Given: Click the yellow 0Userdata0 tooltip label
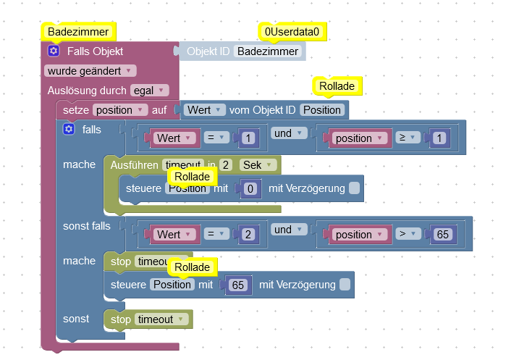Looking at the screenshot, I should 292,32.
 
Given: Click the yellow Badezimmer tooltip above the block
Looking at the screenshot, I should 77,32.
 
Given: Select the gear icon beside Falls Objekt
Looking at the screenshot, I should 54,51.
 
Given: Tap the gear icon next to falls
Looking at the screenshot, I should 69,129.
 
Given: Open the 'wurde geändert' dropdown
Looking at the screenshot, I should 90,71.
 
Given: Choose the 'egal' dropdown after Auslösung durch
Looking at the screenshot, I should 149,91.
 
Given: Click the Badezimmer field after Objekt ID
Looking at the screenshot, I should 268,51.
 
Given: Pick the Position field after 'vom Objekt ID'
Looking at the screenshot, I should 321,110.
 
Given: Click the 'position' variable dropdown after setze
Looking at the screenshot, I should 120,110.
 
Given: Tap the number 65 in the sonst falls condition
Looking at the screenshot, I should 442,234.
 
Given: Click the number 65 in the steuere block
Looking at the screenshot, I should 237,285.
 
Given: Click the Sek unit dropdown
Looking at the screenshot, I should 259,164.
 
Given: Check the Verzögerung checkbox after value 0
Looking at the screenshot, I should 354,188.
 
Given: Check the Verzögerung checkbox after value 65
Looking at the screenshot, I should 345,285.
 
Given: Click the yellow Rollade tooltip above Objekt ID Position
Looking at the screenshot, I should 337,86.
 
